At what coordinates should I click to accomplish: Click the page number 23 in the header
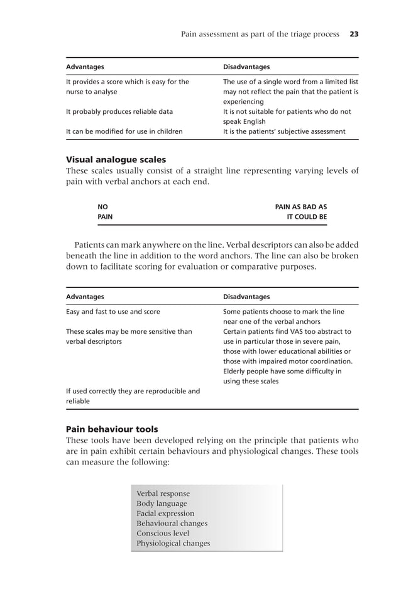pyautogui.click(x=354, y=34)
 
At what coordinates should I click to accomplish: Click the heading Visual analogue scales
pyautogui.click(x=116, y=160)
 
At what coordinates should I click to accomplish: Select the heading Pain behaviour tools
pyautogui.click(x=112, y=429)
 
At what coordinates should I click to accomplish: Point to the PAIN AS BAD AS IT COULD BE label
pyautogui.click(x=301, y=212)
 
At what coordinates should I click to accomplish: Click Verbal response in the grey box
pyautogui.click(x=163, y=493)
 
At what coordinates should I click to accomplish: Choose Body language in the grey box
pyautogui.click(x=162, y=503)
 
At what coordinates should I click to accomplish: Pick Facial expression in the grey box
pyautogui.click(x=165, y=514)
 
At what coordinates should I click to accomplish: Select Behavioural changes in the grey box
pyautogui.click(x=172, y=524)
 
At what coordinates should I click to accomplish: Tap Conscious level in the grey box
pyautogui.click(x=162, y=534)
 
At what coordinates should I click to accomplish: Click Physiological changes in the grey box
pyautogui.click(x=173, y=544)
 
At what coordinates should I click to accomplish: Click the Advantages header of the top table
pyautogui.click(x=85, y=67)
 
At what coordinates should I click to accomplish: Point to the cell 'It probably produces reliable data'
pyautogui.click(x=119, y=112)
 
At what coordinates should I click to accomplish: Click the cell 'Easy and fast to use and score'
pyautogui.click(x=113, y=312)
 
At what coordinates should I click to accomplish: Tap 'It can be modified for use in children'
pyautogui.click(x=124, y=132)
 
